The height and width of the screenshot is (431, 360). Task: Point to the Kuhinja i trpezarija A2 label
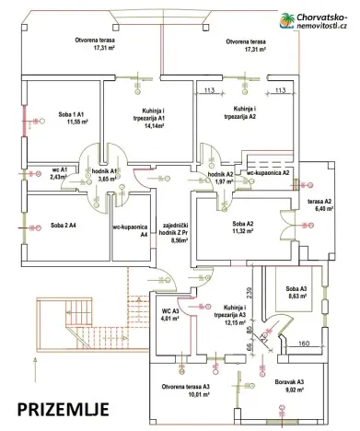coord(242,114)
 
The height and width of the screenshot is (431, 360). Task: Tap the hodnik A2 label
coord(219,177)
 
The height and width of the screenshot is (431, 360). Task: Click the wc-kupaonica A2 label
coord(269,172)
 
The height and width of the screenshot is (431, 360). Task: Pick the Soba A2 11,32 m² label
coord(242,228)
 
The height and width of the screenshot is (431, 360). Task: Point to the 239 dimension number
coord(250,293)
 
